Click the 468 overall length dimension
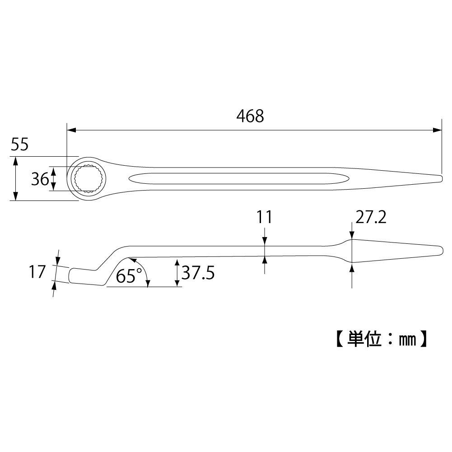[x=250, y=116]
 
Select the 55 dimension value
[x=19, y=145]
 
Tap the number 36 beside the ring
[x=40, y=179]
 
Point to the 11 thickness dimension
[x=265, y=217]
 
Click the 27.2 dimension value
[x=370, y=218]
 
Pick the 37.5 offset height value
[x=198, y=273]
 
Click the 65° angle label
[x=129, y=275]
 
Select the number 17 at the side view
[x=37, y=272]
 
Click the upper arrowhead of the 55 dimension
[x=16, y=161]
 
